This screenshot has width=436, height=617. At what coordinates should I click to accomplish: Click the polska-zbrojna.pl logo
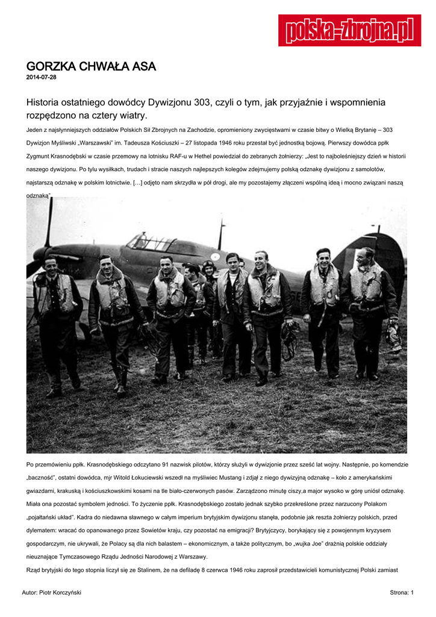349,30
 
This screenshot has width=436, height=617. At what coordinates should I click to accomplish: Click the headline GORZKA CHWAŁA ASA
91,66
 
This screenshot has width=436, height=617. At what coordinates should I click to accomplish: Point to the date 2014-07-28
42,78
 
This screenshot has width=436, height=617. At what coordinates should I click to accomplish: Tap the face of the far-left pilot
51,265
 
